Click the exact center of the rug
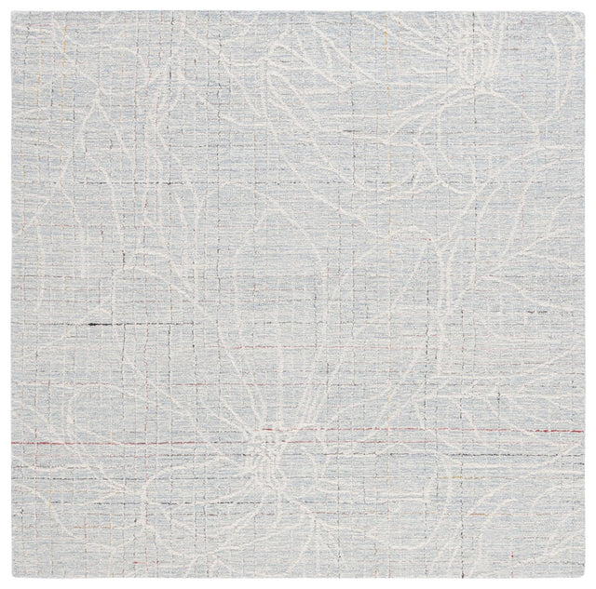297,295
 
